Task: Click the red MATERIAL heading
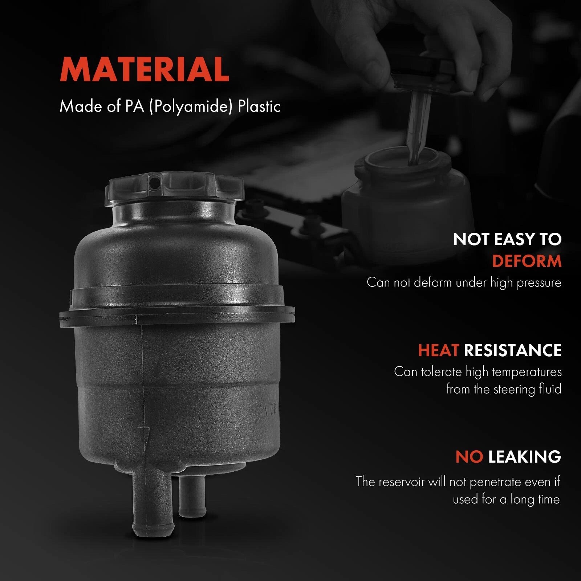(x=145, y=69)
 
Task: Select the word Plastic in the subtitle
(x=259, y=106)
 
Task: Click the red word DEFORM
(x=527, y=261)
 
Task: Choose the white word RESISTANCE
(x=513, y=350)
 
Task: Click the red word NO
(x=469, y=456)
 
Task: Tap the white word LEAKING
(x=525, y=456)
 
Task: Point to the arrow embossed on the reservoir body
(x=144, y=436)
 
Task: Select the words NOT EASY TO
(x=507, y=239)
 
